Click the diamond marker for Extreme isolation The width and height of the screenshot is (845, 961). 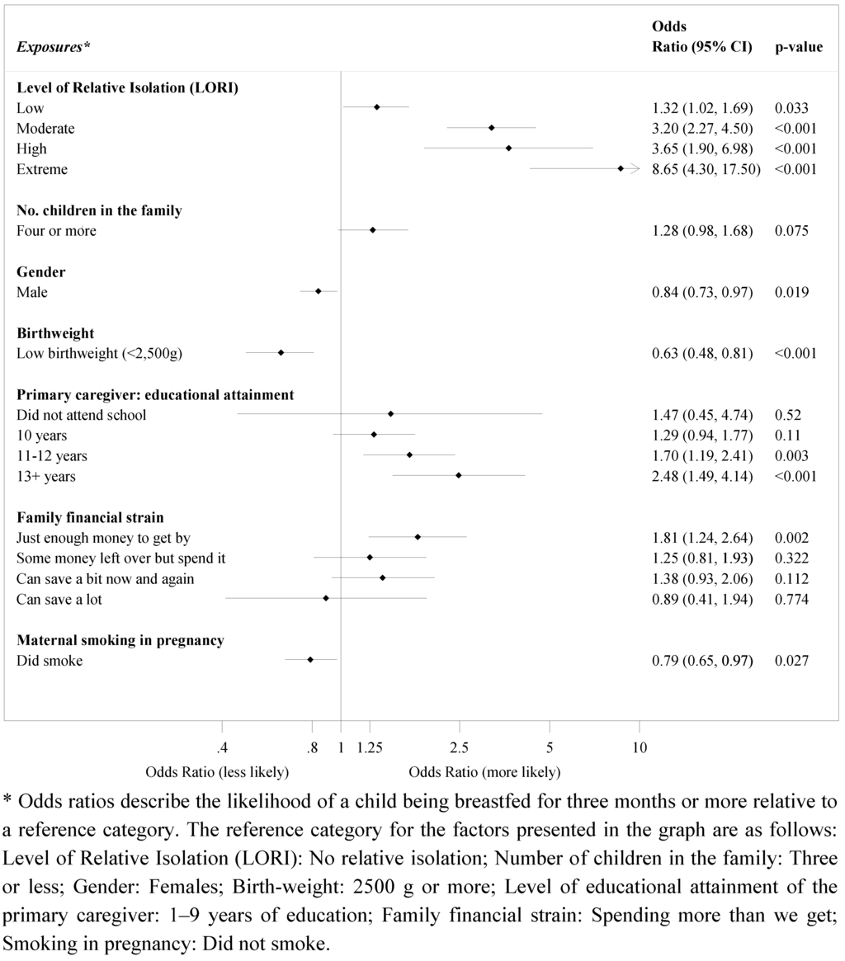pyautogui.click(x=621, y=169)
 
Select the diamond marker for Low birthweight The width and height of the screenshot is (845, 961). pyautogui.click(x=281, y=353)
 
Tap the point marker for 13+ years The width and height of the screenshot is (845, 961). pyautogui.click(x=458, y=475)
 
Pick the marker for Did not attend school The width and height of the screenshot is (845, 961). pyautogui.click(x=390, y=414)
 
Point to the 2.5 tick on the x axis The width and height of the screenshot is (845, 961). pyautogui.click(x=459, y=748)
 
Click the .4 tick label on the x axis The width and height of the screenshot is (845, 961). pyautogui.click(x=221, y=748)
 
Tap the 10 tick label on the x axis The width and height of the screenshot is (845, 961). pyautogui.click(x=640, y=748)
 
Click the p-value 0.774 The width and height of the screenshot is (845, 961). pyautogui.click(x=791, y=600)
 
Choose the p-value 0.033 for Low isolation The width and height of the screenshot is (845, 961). pyautogui.click(x=791, y=108)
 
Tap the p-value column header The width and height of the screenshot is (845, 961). pyautogui.click(x=798, y=47)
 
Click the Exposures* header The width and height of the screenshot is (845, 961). pyautogui.click(x=50, y=47)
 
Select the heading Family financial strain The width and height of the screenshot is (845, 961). pyautogui.click(x=90, y=517)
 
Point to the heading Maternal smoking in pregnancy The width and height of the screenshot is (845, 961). pyautogui.click(x=120, y=640)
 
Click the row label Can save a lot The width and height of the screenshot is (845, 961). pyautogui.click(x=59, y=600)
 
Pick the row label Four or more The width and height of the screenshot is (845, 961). pyautogui.click(x=56, y=231)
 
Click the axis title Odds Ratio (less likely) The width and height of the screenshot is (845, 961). pyautogui.click(x=217, y=773)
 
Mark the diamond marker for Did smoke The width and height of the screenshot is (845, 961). pyautogui.click(x=310, y=660)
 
